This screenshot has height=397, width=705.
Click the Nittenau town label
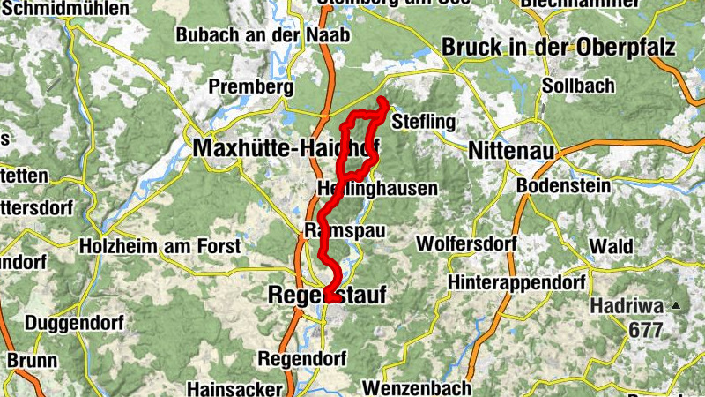tap(512, 151)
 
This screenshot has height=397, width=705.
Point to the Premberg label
tap(250, 88)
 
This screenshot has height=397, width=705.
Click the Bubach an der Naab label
tap(263, 35)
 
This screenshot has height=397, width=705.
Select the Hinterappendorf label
tap(516, 283)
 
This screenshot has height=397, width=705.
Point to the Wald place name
tap(611, 245)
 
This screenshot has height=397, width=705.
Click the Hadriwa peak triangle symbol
tap(676, 306)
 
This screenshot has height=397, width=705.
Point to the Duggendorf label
tap(66, 324)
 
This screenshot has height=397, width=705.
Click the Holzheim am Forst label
tap(159, 245)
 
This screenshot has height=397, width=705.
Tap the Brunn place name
tap(33, 361)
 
